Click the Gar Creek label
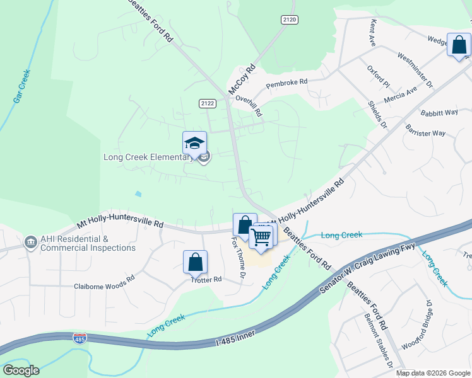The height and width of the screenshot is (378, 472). click(21, 87)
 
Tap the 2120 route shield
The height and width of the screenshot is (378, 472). click(289, 20)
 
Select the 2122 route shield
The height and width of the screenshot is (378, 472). click(207, 103)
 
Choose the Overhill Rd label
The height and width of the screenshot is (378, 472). click(248, 106)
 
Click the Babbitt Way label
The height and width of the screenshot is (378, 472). click(439, 113)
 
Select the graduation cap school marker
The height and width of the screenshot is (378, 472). click(195, 142)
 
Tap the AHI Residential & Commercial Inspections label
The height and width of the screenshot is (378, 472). click(87, 243)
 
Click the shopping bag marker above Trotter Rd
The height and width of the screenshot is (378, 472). click(195, 261)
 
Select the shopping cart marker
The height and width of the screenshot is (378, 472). click(261, 237)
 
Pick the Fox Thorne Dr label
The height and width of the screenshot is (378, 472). click(238, 258)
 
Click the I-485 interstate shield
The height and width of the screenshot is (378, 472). click(80, 338)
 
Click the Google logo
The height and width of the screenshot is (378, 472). click(21, 370)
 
